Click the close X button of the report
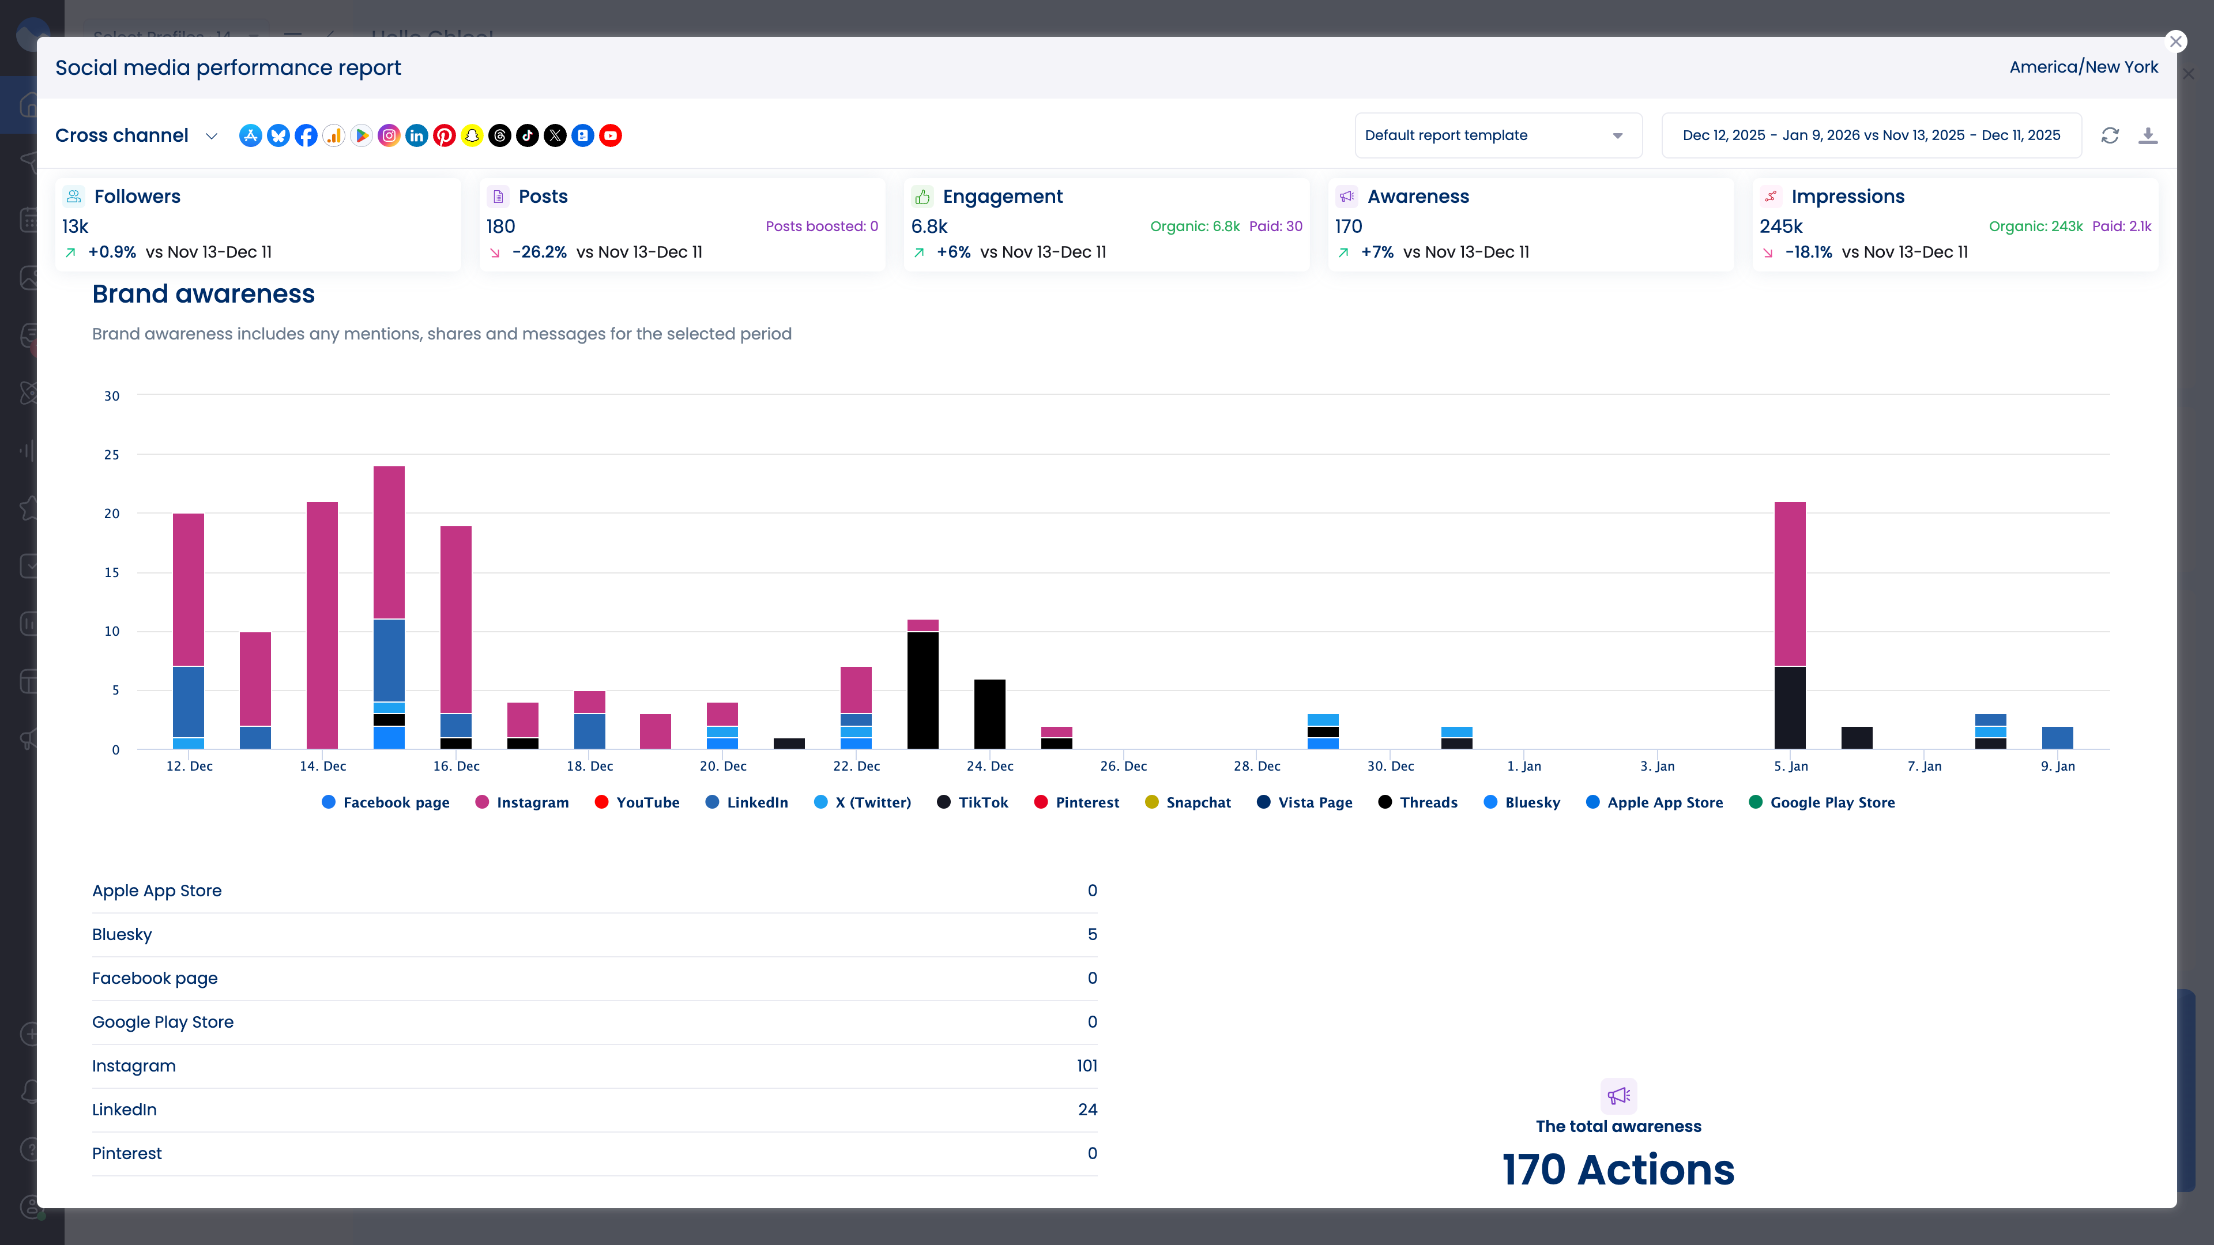coord(2175,41)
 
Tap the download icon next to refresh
coord(2147,136)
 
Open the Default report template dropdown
coord(1497,136)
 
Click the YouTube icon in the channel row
coord(610,136)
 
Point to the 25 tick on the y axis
coord(112,455)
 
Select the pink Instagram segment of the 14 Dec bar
coord(322,625)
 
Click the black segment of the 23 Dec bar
coord(922,690)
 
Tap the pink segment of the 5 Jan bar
coord(1790,584)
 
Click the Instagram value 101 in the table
coord(1086,1065)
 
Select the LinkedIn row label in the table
coord(125,1109)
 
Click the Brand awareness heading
coord(204,294)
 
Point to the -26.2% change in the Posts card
coord(539,252)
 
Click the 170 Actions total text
coord(1617,1169)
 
